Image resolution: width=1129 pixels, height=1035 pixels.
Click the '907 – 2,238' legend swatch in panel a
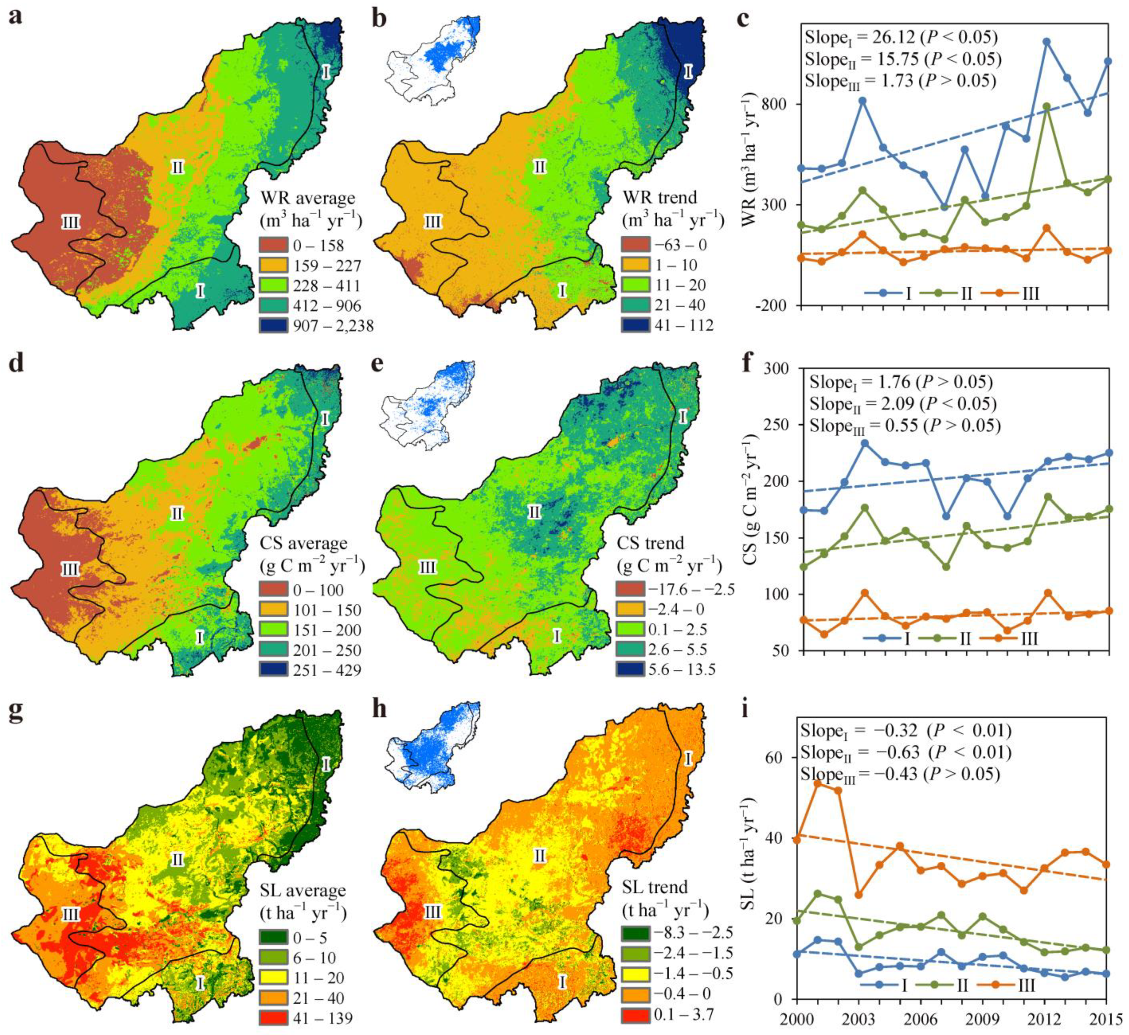click(273, 325)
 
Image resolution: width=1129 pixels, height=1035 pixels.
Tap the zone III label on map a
click(70, 223)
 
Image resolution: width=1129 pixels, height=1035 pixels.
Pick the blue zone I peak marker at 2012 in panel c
click(1046, 41)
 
